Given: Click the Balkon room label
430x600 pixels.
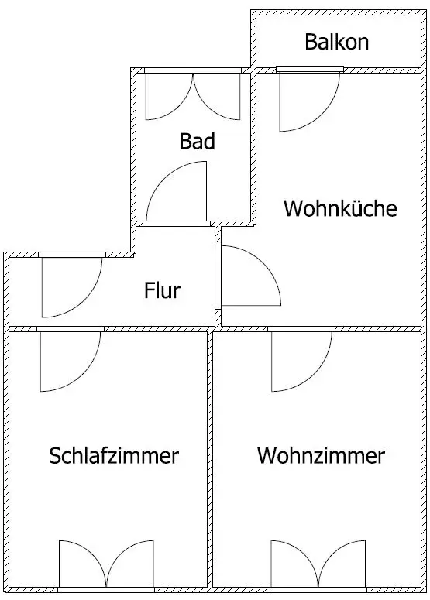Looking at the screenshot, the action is point(336,42).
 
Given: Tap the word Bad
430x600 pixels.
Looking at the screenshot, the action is point(198,141).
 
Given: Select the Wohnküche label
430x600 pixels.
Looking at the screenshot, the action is point(340,208).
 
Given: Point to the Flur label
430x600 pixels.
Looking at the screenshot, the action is point(162,290).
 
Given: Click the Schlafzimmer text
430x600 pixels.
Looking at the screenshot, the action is point(114,455).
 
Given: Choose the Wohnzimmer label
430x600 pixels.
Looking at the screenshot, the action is point(321,455).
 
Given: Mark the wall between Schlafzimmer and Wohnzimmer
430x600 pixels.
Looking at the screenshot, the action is point(210,459).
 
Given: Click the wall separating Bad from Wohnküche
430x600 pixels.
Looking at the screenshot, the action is point(253,146).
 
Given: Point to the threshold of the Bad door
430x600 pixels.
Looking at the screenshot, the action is point(177,224).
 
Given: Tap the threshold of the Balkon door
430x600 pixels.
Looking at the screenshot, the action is point(310,69).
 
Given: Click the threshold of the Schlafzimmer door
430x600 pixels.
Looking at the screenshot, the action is point(71,329).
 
